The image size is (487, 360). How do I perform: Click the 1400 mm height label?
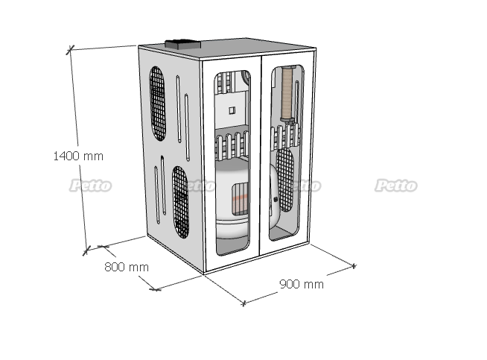(x=78, y=156)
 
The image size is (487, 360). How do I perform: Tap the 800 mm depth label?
(x=127, y=267)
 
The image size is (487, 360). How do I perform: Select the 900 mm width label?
(x=302, y=284)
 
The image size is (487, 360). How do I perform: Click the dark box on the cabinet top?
(x=183, y=44)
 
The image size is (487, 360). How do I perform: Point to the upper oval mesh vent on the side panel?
(x=157, y=104)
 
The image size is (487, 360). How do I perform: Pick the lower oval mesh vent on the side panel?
(x=181, y=203)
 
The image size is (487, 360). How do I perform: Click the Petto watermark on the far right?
(x=395, y=186)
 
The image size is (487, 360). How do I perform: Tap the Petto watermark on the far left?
(x=90, y=186)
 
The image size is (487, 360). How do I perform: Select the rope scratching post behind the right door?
(x=287, y=94)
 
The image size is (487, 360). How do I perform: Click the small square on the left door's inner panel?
(x=232, y=110)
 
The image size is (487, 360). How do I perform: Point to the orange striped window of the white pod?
(x=240, y=199)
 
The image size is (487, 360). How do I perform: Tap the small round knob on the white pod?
(x=276, y=200)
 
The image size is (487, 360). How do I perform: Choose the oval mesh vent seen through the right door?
(x=285, y=180)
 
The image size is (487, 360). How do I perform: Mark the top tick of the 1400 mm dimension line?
(x=71, y=49)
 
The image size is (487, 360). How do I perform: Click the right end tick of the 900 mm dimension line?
(x=354, y=266)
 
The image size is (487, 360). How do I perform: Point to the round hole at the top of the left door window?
(x=246, y=77)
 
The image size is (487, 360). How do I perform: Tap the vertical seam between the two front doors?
(x=261, y=156)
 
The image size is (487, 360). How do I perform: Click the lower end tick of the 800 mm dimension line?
(x=155, y=289)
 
